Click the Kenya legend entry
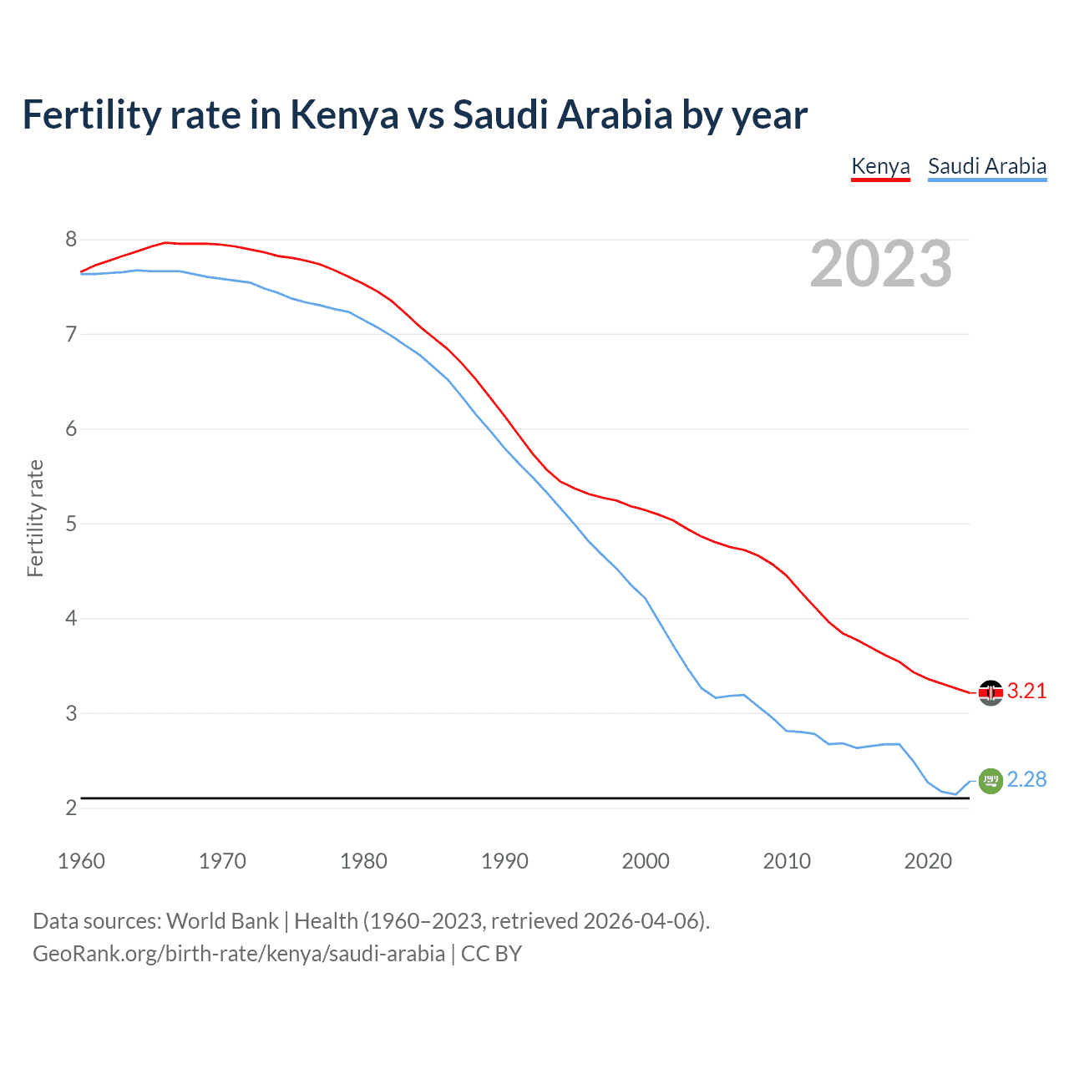pos(880,166)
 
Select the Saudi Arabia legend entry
pos(987,166)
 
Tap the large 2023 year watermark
pos(881,264)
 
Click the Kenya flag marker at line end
pos(990,692)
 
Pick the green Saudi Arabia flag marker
pos(990,781)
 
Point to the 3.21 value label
pos(1026,692)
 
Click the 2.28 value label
pos(1026,780)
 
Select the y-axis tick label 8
pos(71,240)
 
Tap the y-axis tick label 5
pos(71,524)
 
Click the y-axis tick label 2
pos(71,808)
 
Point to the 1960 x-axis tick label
pos(81,861)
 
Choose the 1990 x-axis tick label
pos(504,861)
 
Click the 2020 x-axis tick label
pos(928,861)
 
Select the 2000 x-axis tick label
pos(646,861)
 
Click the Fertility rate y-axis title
pos(35,518)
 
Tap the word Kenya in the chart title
pos(344,115)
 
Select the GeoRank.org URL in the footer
pos(239,954)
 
